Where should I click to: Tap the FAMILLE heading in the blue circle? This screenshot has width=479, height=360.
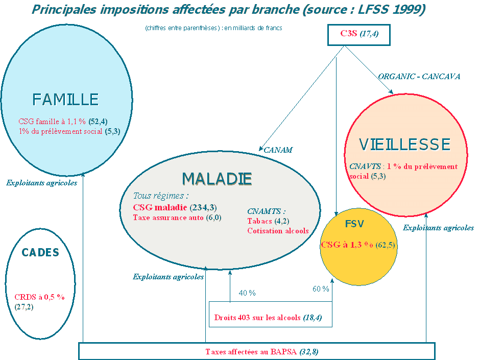coord(65,99)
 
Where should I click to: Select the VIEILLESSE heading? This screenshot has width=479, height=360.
coord(405,145)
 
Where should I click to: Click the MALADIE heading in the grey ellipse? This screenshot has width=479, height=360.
coord(217,178)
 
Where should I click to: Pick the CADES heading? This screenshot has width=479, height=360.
coord(40,252)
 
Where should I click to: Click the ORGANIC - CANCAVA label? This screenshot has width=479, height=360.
coord(419,77)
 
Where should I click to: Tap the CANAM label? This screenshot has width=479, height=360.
coord(278,150)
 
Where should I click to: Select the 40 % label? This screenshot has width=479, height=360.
coord(247,293)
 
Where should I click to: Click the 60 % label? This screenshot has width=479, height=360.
coord(321,290)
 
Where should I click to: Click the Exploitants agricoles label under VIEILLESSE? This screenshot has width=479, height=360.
coord(438,228)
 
